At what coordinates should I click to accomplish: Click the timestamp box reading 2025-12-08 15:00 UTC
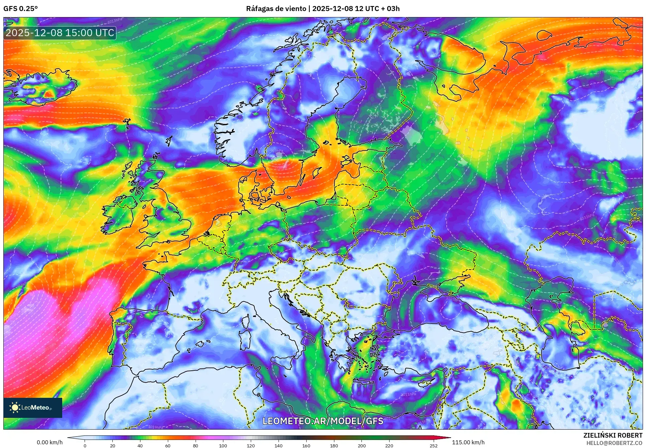tap(60, 33)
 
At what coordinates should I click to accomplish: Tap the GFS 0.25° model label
tap(20, 9)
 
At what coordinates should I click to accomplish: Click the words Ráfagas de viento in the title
tap(276, 9)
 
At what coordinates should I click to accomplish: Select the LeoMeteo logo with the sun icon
tap(32, 408)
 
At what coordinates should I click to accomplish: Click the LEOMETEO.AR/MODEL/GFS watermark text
tap(323, 421)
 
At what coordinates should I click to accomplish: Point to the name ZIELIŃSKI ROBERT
tap(613, 435)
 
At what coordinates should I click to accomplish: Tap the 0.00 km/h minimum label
tap(49, 442)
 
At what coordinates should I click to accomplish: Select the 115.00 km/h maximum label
tap(468, 442)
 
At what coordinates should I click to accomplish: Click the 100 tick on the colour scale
tap(223, 445)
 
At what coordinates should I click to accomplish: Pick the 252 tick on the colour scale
tap(433, 445)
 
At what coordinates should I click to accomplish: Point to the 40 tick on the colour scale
tap(140, 445)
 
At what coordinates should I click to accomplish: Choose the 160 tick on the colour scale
tap(306, 445)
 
